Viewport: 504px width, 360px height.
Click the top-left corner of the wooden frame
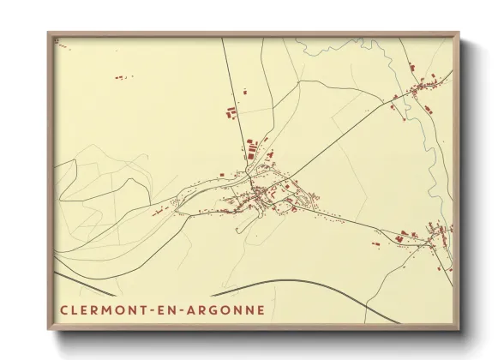click(49, 33)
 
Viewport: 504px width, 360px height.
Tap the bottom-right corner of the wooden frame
click(460, 330)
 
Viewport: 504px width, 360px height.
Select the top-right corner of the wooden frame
click(460, 33)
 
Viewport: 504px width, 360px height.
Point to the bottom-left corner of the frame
click(49, 330)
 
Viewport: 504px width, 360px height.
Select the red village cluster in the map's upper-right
click(424, 86)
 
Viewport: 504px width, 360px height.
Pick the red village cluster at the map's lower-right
click(433, 236)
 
